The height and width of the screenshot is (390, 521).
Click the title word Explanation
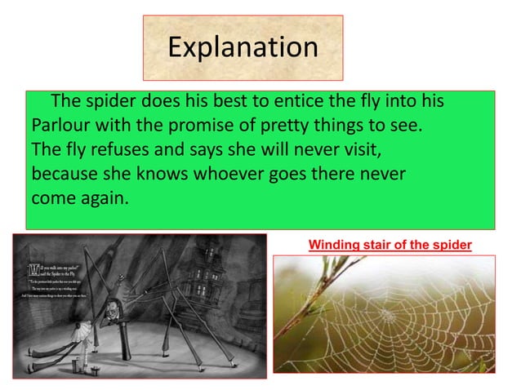243,47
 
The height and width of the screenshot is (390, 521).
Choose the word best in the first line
211,103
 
